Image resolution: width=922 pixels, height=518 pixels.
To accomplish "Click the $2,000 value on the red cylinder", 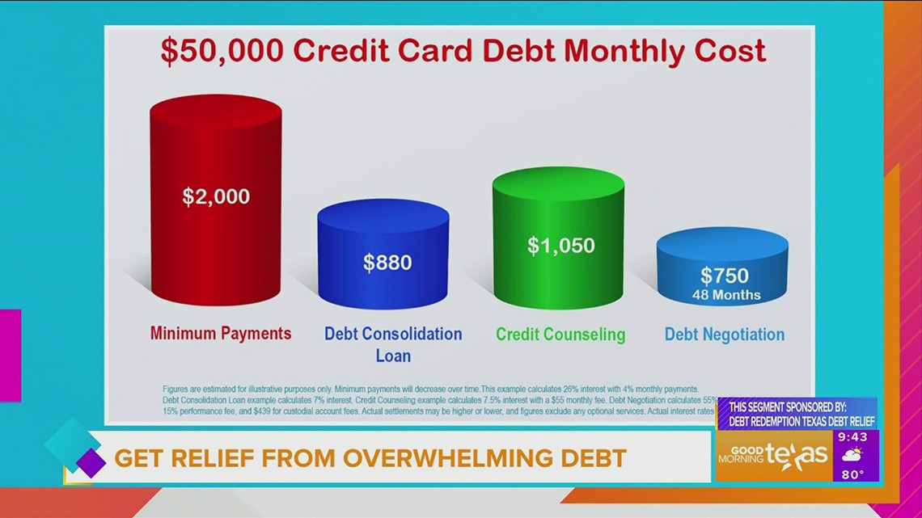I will (x=215, y=196).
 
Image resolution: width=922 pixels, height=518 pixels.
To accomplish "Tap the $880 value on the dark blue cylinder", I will (x=387, y=262).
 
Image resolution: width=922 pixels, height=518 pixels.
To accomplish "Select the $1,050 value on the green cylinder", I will (x=560, y=245).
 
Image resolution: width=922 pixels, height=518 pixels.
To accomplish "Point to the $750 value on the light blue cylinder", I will (x=725, y=276).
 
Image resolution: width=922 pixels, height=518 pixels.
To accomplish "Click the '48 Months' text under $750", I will (x=726, y=295).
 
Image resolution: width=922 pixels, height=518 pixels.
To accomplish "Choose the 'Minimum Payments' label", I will (x=221, y=333).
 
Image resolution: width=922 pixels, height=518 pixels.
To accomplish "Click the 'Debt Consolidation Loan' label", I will (x=393, y=343).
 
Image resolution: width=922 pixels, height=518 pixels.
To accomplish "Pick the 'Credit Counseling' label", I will (x=560, y=334).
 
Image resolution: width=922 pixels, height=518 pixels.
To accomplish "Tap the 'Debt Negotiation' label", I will (x=725, y=334).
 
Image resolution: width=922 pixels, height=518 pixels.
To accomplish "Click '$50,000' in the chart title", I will (x=222, y=51).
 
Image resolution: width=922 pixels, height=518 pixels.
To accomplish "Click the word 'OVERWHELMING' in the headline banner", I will (x=448, y=458).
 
